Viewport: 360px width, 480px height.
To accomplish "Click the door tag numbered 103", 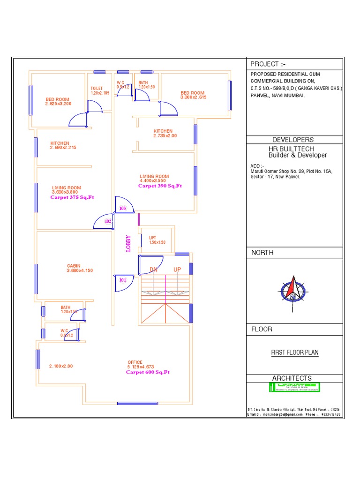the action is [123, 208].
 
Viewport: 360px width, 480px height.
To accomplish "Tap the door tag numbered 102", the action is [108, 221].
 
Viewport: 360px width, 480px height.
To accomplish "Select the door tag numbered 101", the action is [123, 280].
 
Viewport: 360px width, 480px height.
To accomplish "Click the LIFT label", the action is [152, 238].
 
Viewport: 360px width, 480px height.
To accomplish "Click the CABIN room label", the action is [74, 266].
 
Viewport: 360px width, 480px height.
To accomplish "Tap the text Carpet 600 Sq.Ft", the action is [148, 372].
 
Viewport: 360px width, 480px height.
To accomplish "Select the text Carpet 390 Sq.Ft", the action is [160, 186].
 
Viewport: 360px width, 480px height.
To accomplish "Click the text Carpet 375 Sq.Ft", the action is [72, 198].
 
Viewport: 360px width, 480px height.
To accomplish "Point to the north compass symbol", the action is [293, 289].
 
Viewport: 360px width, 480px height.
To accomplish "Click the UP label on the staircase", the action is [177, 270].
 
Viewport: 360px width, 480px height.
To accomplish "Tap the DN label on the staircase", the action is [153, 270].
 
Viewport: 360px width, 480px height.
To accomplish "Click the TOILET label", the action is [97, 88].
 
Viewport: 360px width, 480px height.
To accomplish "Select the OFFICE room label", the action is [135, 362].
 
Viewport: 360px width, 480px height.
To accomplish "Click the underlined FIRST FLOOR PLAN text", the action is [295, 352].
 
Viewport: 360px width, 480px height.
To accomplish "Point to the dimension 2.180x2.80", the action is [61, 366].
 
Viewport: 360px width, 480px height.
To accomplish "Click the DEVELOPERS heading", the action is [293, 140].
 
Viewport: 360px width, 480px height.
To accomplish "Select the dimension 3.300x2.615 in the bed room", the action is [194, 97].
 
